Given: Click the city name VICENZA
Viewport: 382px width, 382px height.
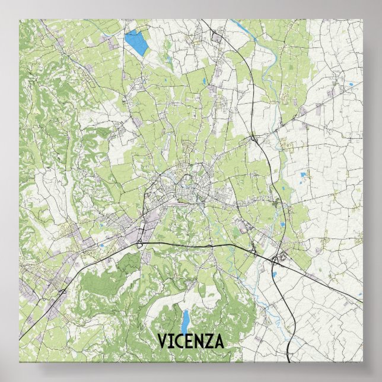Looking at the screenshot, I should [x=190, y=342].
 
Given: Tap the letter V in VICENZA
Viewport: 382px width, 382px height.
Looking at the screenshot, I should [x=162, y=342].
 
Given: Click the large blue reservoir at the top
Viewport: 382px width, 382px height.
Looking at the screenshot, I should [x=136, y=42].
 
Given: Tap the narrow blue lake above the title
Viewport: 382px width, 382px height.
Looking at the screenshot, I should [x=185, y=320].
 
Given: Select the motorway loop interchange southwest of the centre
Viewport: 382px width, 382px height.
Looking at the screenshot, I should [x=139, y=243].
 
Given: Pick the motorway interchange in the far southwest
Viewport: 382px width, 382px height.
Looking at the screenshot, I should [x=63, y=291].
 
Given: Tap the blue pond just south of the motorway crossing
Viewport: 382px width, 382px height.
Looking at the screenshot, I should [x=274, y=275].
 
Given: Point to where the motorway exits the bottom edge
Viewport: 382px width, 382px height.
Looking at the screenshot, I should [x=289, y=360].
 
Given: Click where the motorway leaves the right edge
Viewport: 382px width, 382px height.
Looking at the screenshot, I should [x=361, y=303].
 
